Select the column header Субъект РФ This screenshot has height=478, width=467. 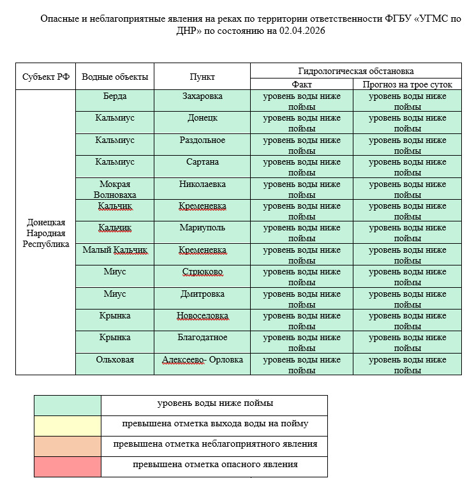tap(45, 77)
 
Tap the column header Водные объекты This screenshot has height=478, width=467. tap(115, 77)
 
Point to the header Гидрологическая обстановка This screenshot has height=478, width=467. tap(355, 71)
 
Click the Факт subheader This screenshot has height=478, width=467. tap(301, 84)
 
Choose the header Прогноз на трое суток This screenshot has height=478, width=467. tap(407, 84)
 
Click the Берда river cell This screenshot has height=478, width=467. tap(115, 96)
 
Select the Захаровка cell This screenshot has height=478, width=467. tap(202, 96)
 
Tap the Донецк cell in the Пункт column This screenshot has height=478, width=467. tap(202, 118)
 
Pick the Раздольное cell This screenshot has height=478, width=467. tap(202, 140)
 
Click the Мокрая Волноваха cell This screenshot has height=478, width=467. tap(115, 189)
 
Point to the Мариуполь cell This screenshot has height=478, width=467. tap(202, 228)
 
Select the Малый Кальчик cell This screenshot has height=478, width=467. tap(115, 250)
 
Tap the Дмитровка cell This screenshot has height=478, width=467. tap(202, 294)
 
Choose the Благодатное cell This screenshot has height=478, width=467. tap(202, 337)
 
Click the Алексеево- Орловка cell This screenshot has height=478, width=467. tap(202, 359)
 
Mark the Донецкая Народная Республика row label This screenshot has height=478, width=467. tap(45, 233)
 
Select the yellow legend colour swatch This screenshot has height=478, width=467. tap(68, 424)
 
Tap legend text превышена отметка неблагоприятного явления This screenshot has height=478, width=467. tap(215, 444)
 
